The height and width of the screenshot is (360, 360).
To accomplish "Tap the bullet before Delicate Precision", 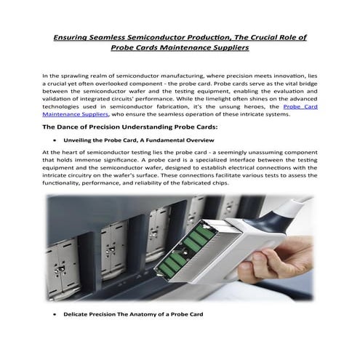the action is pos(55,314).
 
